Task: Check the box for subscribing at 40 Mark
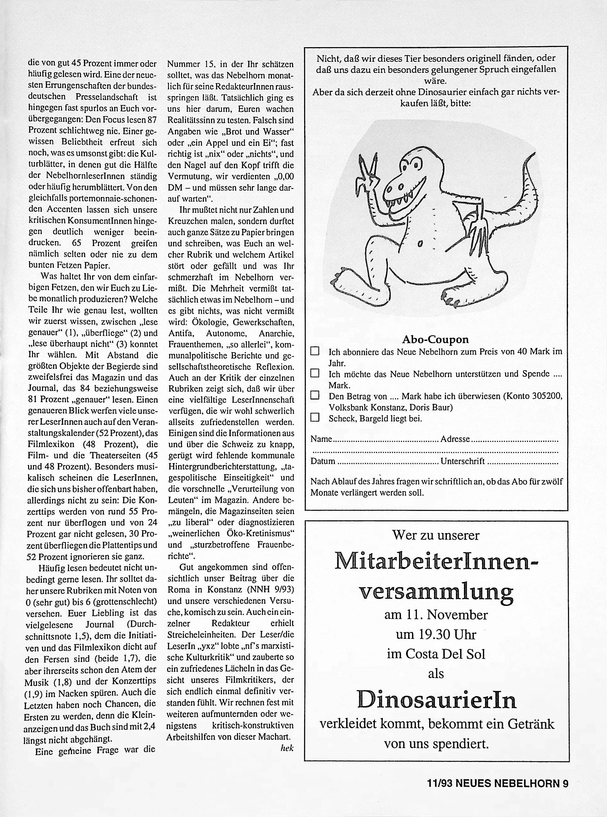315,351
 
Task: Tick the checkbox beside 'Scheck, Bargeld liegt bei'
315,418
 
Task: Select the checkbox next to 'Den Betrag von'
315,395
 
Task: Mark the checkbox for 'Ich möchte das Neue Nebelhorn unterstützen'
315,373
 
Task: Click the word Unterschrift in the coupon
463,461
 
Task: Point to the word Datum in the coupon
322,461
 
